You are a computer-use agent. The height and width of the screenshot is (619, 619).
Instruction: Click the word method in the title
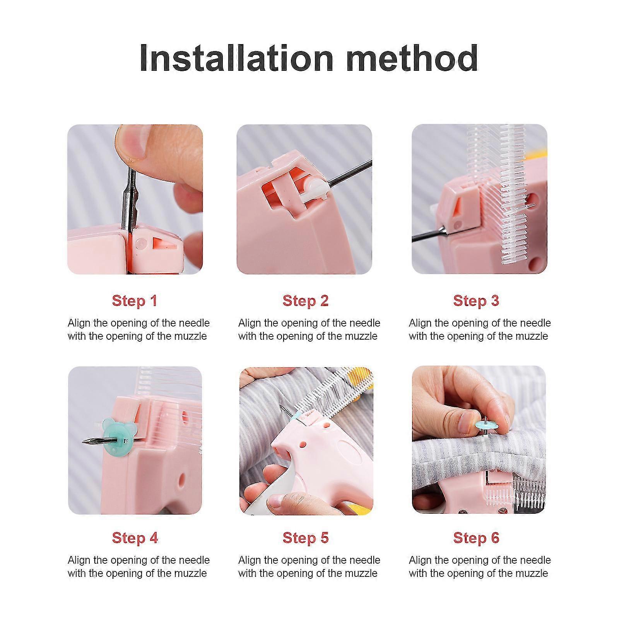[412, 58]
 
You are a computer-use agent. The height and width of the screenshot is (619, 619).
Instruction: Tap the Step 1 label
[135, 301]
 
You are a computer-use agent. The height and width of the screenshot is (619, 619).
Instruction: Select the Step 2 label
[305, 301]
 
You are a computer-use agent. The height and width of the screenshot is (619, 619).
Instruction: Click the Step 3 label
[476, 301]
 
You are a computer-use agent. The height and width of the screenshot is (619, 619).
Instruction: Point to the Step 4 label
[135, 538]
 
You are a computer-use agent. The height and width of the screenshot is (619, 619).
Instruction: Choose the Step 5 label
[305, 538]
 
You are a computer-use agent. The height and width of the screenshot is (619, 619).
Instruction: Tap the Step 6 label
[476, 538]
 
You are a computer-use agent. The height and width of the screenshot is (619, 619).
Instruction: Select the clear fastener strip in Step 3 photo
[511, 193]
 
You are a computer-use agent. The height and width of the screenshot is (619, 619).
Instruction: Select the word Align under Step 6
[420, 560]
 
